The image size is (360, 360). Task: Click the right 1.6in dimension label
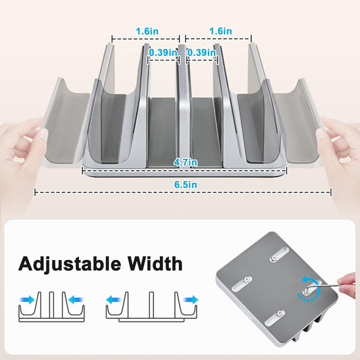tap(220, 31)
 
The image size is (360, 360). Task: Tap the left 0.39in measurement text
tap(163, 52)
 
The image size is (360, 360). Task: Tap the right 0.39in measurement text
tap(201, 52)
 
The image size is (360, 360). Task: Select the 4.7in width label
tap(184, 162)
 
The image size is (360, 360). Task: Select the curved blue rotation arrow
tap(308, 281)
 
